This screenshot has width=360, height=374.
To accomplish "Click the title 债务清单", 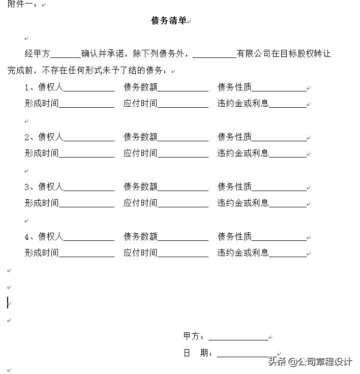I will point(169,21).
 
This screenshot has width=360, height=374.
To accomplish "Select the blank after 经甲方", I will point(66,54).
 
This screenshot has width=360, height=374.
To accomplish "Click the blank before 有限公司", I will point(215,54).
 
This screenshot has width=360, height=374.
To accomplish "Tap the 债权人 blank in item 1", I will point(88,87).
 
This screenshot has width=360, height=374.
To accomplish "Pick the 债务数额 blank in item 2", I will point(183,137).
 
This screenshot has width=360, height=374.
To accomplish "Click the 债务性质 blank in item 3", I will point(279,187).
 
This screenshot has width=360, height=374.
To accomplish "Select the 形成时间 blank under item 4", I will point(86,253).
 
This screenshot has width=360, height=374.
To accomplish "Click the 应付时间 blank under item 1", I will point(183,104).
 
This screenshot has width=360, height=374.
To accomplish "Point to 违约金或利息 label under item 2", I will point(243,153).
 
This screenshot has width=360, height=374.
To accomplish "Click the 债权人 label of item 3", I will point(50,187).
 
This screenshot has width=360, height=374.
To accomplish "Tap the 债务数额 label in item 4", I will point(140,237).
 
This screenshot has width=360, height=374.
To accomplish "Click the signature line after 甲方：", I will point(238,337).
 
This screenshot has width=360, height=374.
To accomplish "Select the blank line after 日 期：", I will point(243,354).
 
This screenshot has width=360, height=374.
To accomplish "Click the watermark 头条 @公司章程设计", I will point(310,362).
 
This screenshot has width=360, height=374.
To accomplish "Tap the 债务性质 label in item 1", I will point(234,87).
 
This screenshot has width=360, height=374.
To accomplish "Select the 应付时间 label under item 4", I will point(140,253).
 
